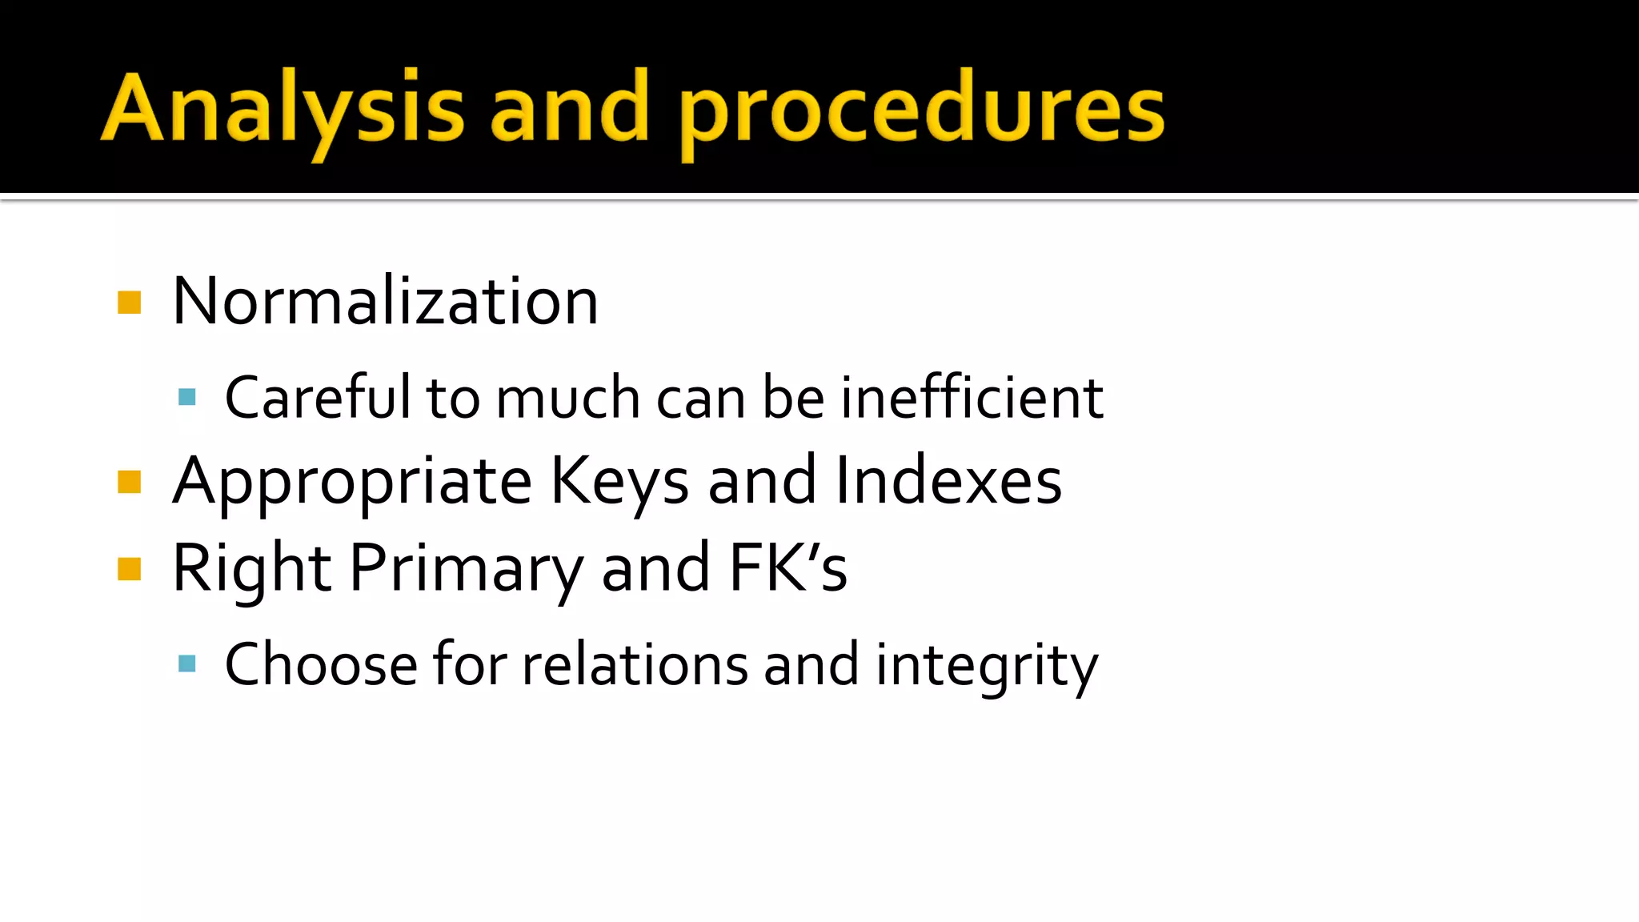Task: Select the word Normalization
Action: pos(385,301)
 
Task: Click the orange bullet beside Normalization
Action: pos(129,303)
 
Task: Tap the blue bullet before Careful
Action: pos(187,397)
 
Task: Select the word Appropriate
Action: pos(352,482)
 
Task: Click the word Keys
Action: pos(619,482)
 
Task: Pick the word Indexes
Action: pos(948,480)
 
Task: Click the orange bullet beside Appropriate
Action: pos(129,482)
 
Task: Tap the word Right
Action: pos(251,568)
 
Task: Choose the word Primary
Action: pos(467,568)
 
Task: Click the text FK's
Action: pos(788,567)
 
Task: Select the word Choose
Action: pos(321,663)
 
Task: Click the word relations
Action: pos(635,663)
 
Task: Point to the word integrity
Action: pos(987,665)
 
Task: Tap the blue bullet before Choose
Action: pos(187,663)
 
